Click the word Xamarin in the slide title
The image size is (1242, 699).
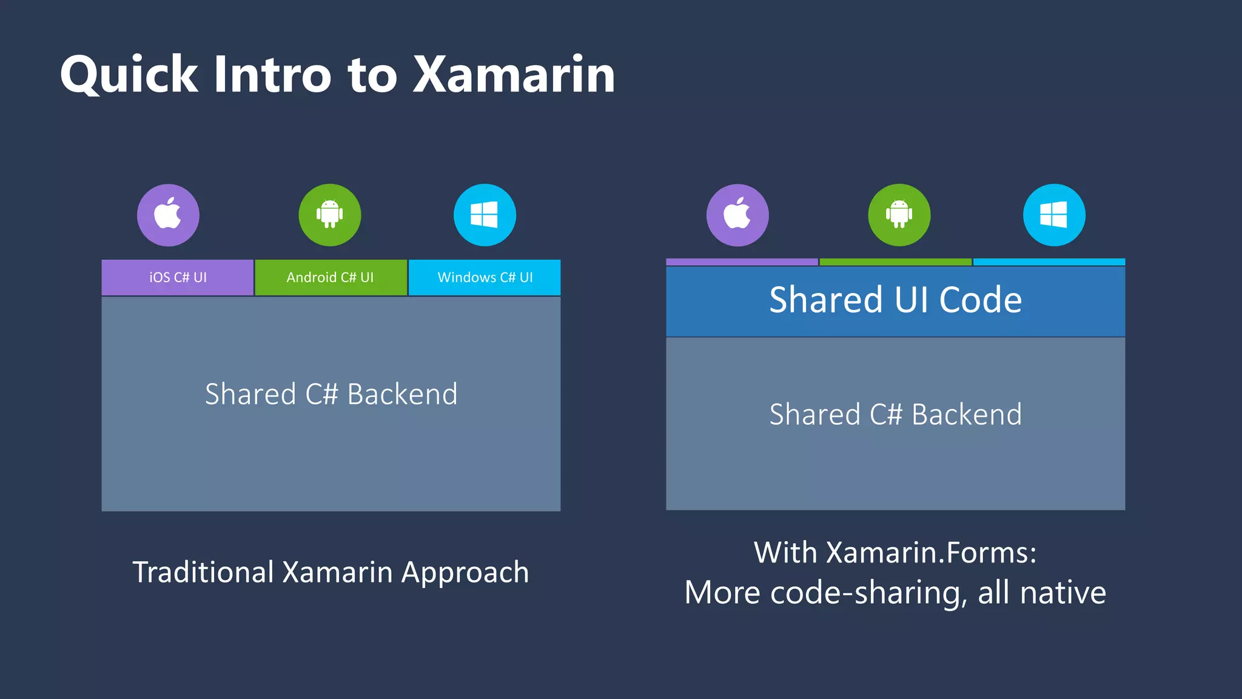tap(514, 75)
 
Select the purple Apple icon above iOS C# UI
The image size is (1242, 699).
tap(168, 215)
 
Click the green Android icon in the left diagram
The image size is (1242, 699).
tap(330, 215)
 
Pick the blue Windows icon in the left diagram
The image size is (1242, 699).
tap(485, 215)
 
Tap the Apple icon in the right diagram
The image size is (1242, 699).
tap(737, 215)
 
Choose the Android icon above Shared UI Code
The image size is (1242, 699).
tap(899, 215)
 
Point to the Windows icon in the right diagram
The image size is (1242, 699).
tap(1054, 215)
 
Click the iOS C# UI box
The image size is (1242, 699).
tap(178, 277)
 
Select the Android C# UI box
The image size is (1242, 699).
tap(331, 277)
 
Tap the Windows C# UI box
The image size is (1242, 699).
tap(485, 277)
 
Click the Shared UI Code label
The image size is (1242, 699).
tap(895, 300)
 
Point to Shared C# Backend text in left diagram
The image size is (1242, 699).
tap(331, 394)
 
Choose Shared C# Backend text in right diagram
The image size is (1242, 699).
tap(895, 414)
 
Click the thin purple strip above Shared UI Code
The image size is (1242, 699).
tap(742, 262)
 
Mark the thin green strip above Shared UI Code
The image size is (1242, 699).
tap(895, 262)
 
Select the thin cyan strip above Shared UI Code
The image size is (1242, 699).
tap(1049, 262)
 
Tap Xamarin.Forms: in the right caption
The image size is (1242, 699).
tap(931, 553)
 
